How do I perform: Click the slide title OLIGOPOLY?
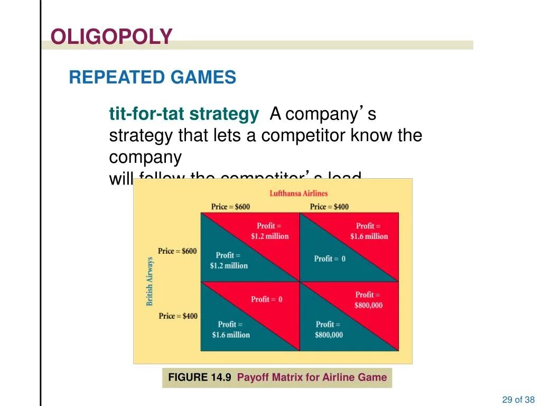(111, 36)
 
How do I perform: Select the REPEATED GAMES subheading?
(152, 78)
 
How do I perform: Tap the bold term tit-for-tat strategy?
(184, 114)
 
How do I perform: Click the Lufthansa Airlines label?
(299, 193)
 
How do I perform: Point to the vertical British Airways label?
(150, 281)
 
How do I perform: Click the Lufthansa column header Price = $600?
(230, 207)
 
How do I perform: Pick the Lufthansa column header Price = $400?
(329, 207)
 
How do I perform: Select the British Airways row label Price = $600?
(178, 251)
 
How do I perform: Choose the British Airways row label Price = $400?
(178, 316)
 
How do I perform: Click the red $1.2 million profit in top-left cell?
(269, 231)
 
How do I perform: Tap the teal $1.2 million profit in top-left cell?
(228, 261)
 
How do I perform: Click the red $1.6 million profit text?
(369, 231)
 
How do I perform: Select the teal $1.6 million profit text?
(230, 329)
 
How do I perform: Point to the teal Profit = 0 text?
(330, 259)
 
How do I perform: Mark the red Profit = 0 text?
(267, 299)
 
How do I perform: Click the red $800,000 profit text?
(369, 300)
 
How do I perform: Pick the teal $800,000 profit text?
(329, 329)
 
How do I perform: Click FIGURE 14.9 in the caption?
(200, 377)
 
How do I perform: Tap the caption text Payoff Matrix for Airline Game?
(312, 377)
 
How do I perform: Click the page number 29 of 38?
(518, 400)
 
